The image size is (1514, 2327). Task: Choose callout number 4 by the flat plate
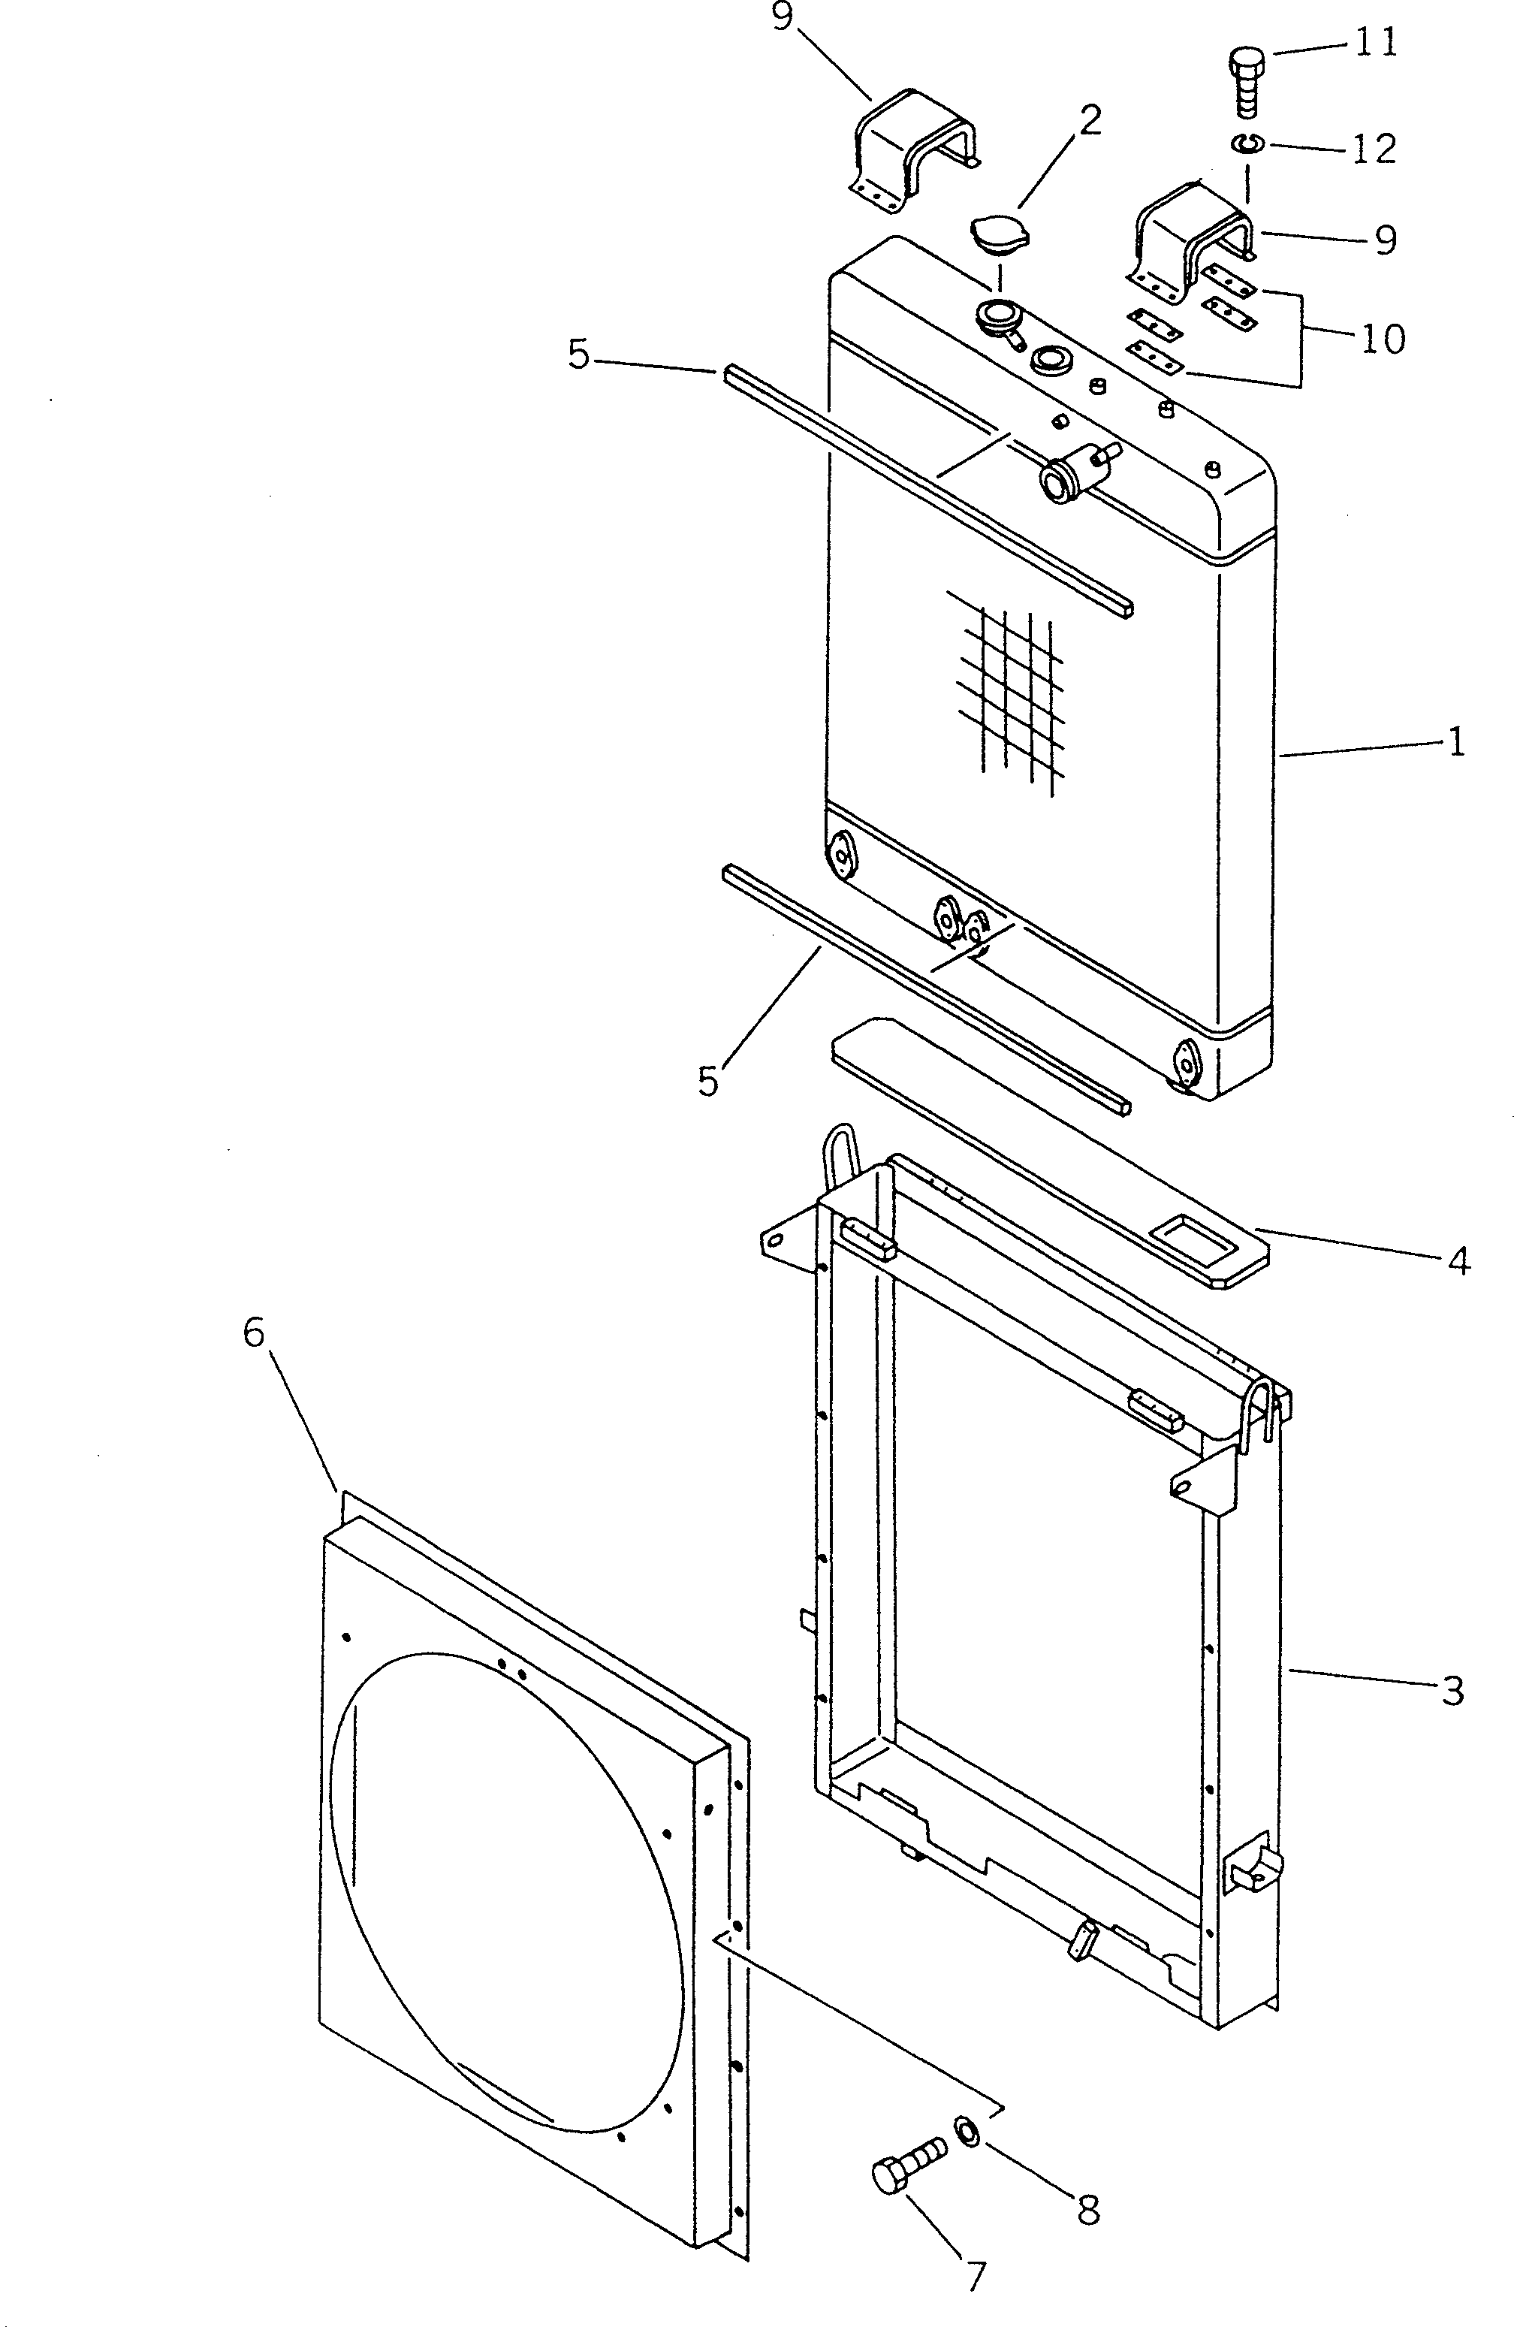[x=1458, y=1261]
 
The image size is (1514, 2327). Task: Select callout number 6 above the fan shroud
[x=254, y=1332]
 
